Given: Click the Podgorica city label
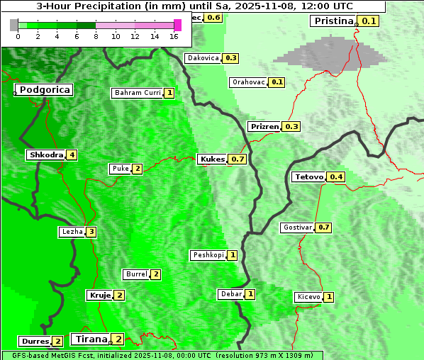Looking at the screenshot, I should (x=44, y=90).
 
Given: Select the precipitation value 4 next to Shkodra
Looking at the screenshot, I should (x=72, y=154).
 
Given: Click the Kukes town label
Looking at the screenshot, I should (x=212, y=159).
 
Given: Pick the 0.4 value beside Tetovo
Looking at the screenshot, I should (x=336, y=176).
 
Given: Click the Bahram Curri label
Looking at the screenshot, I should (x=138, y=93).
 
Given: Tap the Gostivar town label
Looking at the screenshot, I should (x=297, y=227).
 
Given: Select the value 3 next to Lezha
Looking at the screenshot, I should (x=91, y=232).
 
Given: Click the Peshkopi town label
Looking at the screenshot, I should (x=208, y=255).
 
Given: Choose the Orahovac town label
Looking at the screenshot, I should (x=249, y=82).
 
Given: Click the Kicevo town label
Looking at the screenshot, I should (x=309, y=297).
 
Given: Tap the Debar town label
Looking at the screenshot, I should (x=231, y=294).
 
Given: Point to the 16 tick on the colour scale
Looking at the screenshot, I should (x=174, y=36).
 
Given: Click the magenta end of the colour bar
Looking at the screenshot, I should (x=177, y=25).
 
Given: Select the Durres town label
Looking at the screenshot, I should (x=35, y=342).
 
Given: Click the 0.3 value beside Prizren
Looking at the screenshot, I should (x=291, y=127).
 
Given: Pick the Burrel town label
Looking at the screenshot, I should (x=135, y=274).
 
